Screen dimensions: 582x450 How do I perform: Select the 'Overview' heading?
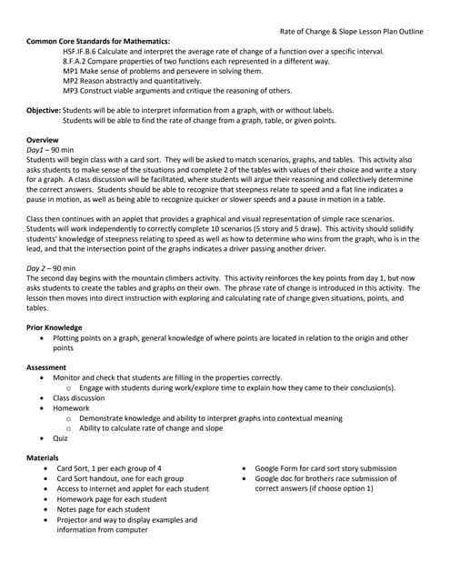(44, 139)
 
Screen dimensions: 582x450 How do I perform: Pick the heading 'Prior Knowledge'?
(55, 327)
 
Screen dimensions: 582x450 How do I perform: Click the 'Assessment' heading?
(47, 366)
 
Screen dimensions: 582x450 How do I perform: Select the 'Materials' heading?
(44, 457)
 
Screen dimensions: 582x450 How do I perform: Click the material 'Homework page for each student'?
(115, 499)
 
